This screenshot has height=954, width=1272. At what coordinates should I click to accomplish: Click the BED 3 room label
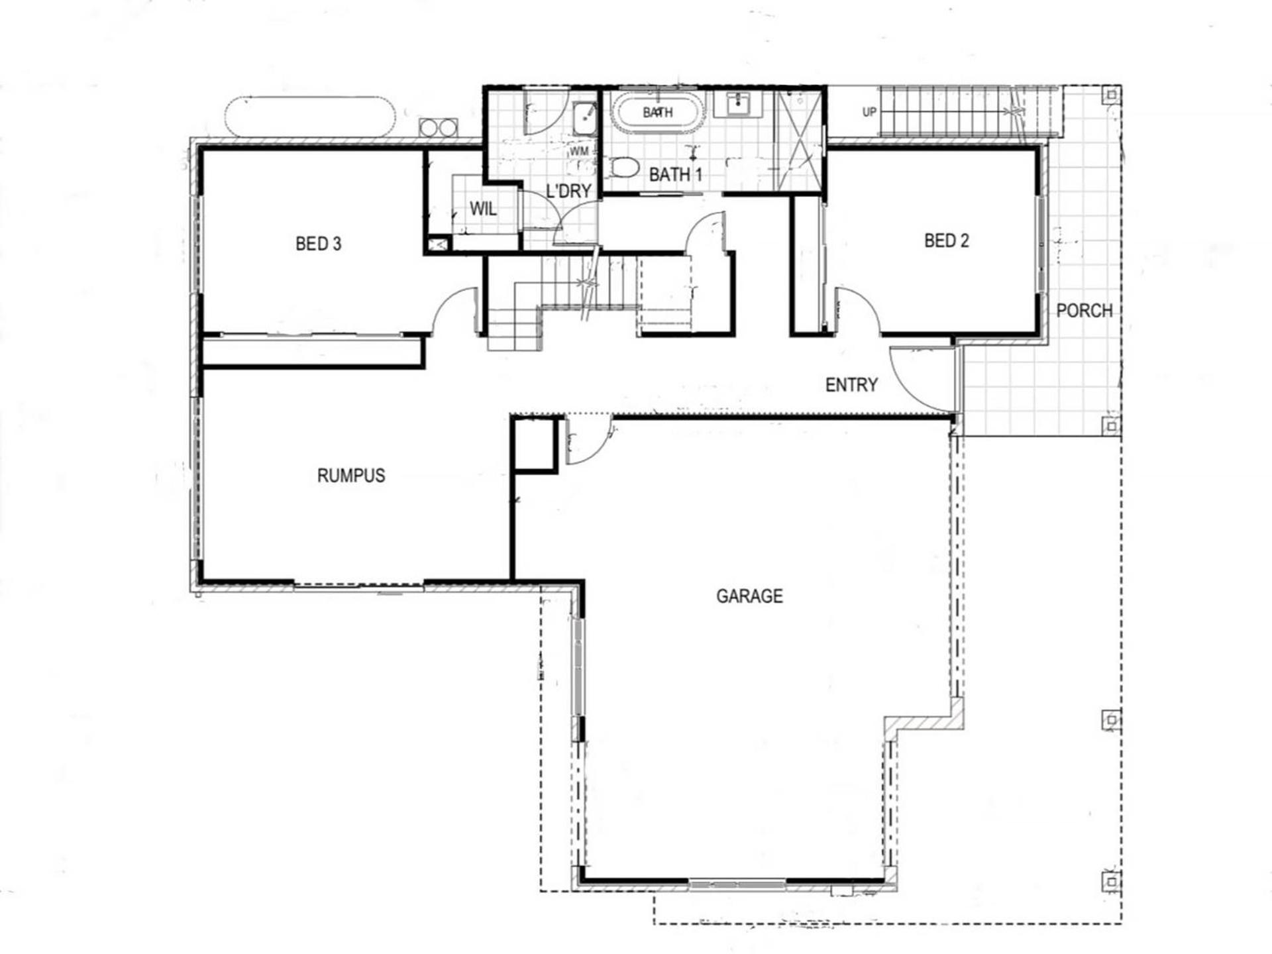318,244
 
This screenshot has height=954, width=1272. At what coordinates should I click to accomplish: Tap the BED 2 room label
946,240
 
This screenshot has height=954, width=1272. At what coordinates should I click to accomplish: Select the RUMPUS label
351,476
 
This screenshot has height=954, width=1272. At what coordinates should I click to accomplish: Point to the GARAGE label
749,596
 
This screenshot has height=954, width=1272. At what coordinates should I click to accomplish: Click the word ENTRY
851,385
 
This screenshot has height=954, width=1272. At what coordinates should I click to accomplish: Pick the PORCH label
1084,310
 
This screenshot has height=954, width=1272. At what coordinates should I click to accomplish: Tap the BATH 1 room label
675,175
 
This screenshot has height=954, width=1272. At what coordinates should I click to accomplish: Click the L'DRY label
568,191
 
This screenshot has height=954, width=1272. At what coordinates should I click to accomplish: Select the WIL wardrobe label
483,209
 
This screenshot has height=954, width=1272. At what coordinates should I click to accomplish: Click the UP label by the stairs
869,113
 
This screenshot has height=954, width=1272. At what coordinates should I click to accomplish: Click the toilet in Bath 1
623,168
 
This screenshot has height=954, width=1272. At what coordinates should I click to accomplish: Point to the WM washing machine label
579,152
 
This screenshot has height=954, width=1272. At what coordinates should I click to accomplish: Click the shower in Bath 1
798,140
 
